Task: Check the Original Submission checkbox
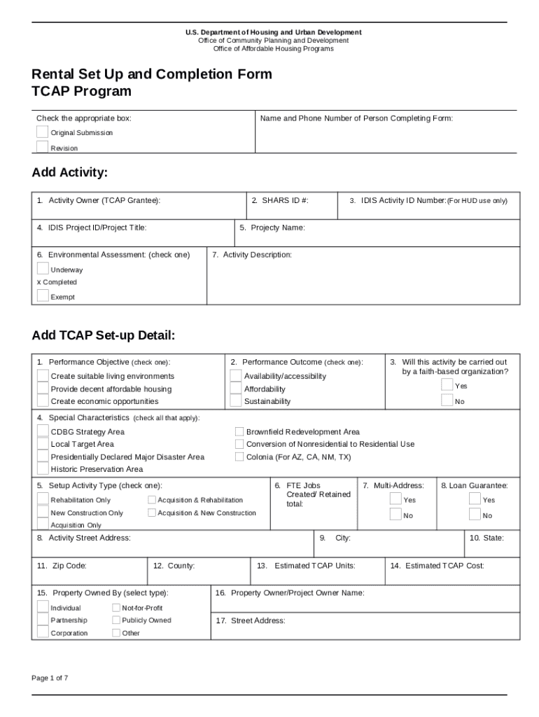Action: pyautogui.click(x=43, y=132)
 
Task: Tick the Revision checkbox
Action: pyautogui.click(x=43, y=146)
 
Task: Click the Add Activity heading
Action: pyautogui.click(x=69, y=173)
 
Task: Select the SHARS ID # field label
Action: pyautogui.click(x=280, y=201)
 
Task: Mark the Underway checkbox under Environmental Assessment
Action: pyautogui.click(x=43, y=269)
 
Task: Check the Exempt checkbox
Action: pyautogui.click(x=43, y=295)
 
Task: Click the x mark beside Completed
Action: pyautogui.click(x=39, y=283)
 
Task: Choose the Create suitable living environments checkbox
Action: pyautogui.click(x=43, y=376)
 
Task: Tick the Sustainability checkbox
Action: pyautogui.click(x=236, y=401)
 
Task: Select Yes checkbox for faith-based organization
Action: pyautogui.click(x=447, y=385)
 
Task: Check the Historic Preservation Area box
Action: pyautogui.click(x=43, y=469)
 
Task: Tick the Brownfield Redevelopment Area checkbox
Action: pyautogui.click(x=239, y=432)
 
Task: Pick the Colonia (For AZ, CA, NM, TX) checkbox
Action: pyautogui.click(x=239, y=457)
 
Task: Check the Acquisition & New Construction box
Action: pyautogui.click(x=152, y=513)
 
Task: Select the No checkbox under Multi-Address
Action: pyautogui.click(x=395, y=515)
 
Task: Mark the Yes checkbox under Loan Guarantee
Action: pyautogui.click(x=475, y=499)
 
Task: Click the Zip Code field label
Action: pyautogui.click(x=62, y=566)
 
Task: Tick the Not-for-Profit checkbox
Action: pyautogui.click(x=115, y=608)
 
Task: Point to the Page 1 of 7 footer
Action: pyautogui.click(x=50, y=678)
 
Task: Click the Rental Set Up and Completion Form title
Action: pyautogui.click(x=152, y=74)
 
